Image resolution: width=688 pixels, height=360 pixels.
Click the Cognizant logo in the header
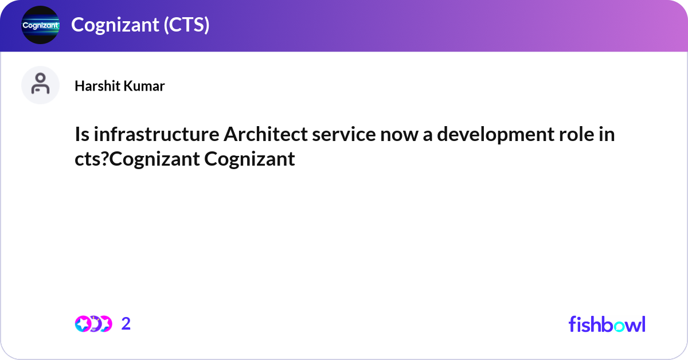coord(40,25)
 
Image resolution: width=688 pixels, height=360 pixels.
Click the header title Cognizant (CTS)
coord(140,25)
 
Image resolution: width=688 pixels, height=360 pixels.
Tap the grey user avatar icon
coord(40,85)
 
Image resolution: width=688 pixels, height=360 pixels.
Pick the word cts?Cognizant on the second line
coord(136,159)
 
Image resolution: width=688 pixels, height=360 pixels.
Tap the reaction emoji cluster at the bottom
coord(93,324)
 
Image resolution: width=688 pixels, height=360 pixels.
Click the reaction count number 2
coord(126,324)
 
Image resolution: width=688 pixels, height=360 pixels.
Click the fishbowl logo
coord(607,324)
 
